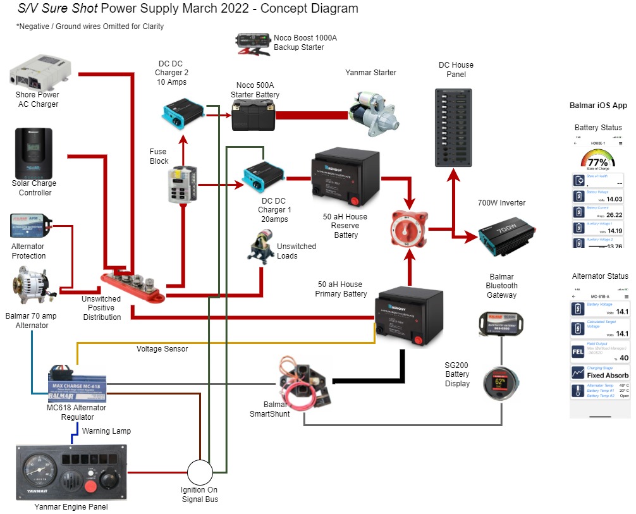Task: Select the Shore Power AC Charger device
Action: pos(42,72)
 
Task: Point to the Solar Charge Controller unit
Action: pos(35,154)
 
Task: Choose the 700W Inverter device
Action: pos(506,236)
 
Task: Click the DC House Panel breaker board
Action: pos(456,126)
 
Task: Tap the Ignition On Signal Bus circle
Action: pos(201,472)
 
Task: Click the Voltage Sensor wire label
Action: pos(162,349)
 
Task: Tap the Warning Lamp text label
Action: pos(107,431)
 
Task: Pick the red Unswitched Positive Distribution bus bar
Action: pos(133,285)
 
